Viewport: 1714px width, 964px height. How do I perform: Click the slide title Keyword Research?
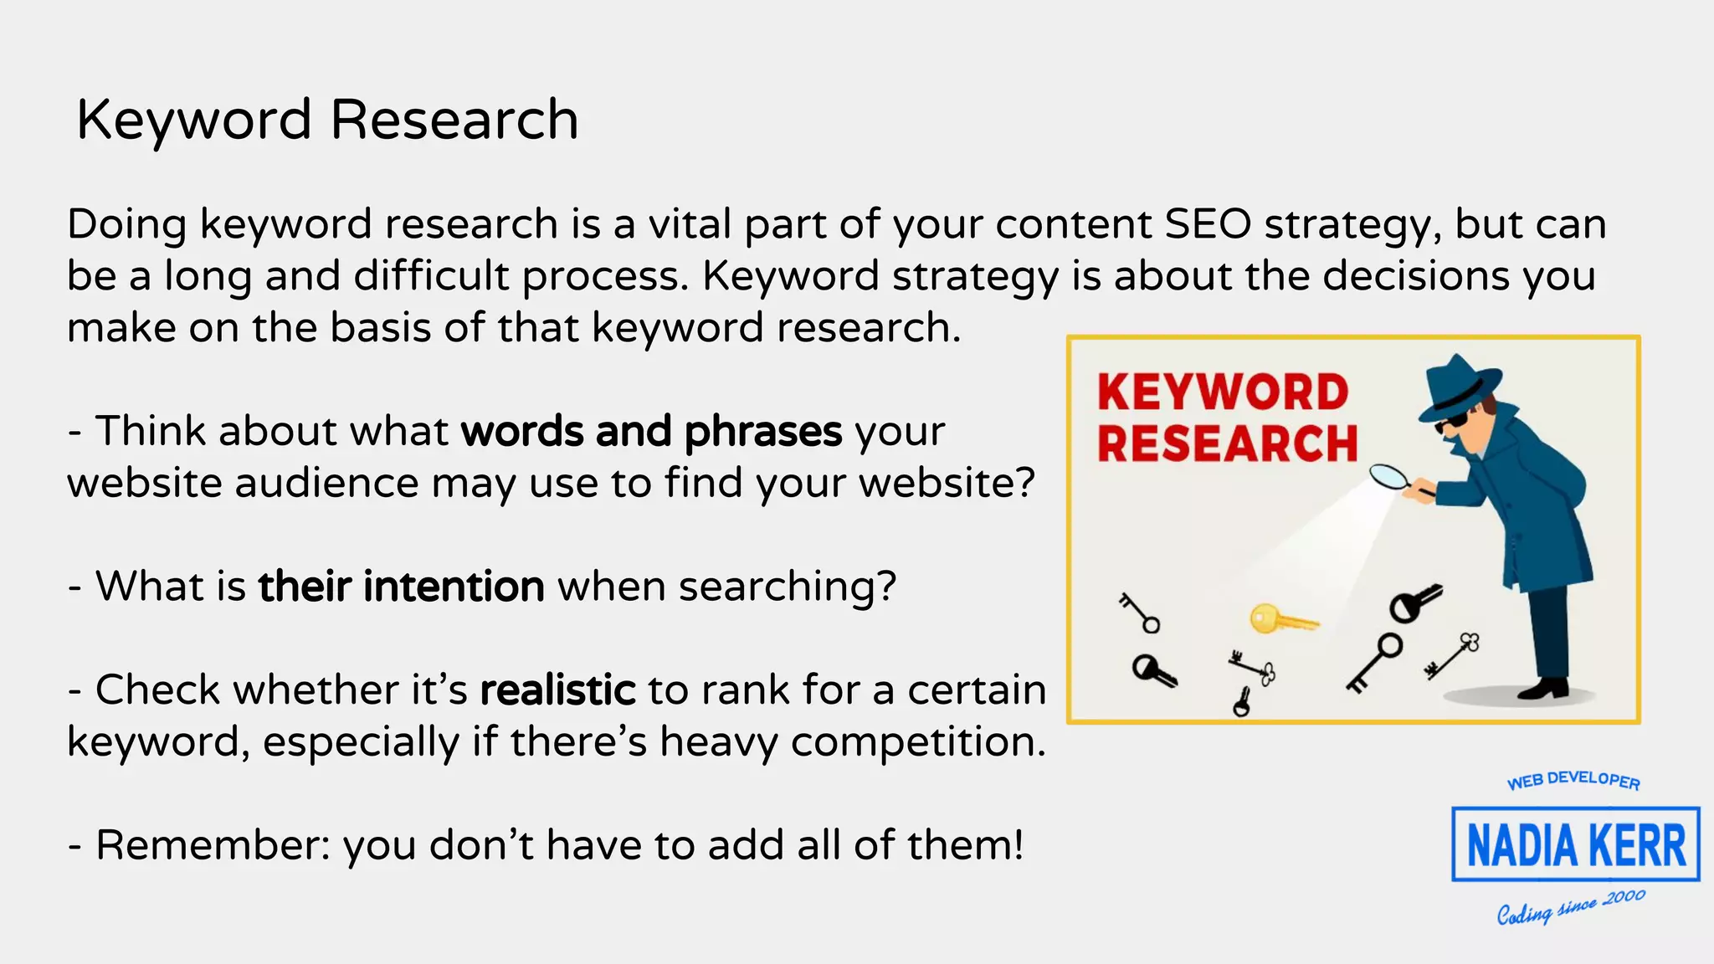click(327, 120)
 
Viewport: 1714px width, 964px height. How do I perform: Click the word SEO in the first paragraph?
click(1208, 224)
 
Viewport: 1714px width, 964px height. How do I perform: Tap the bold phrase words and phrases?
click(651, 432)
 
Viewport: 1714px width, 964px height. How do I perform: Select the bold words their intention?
click(401, 587)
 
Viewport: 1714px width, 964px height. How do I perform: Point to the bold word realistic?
click(557, 690)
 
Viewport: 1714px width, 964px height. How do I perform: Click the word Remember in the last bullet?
click(212, 845)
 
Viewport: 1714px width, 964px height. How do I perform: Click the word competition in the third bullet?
click(917, 742)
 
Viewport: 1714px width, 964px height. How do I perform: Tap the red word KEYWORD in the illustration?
click(1223, 392)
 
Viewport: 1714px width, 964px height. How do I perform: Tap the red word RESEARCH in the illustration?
click(1227, 444)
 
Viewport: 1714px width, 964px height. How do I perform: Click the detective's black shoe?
click(1545, 689)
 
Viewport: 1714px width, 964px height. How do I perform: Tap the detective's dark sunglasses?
click(1450, 423)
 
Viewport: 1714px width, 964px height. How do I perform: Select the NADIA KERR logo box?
click(1575, 844)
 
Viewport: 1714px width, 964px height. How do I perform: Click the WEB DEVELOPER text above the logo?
click(1573, 780)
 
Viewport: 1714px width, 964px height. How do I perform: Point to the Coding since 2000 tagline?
click(1571, 907)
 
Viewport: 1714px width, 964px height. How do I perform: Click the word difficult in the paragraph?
click(431, 276)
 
